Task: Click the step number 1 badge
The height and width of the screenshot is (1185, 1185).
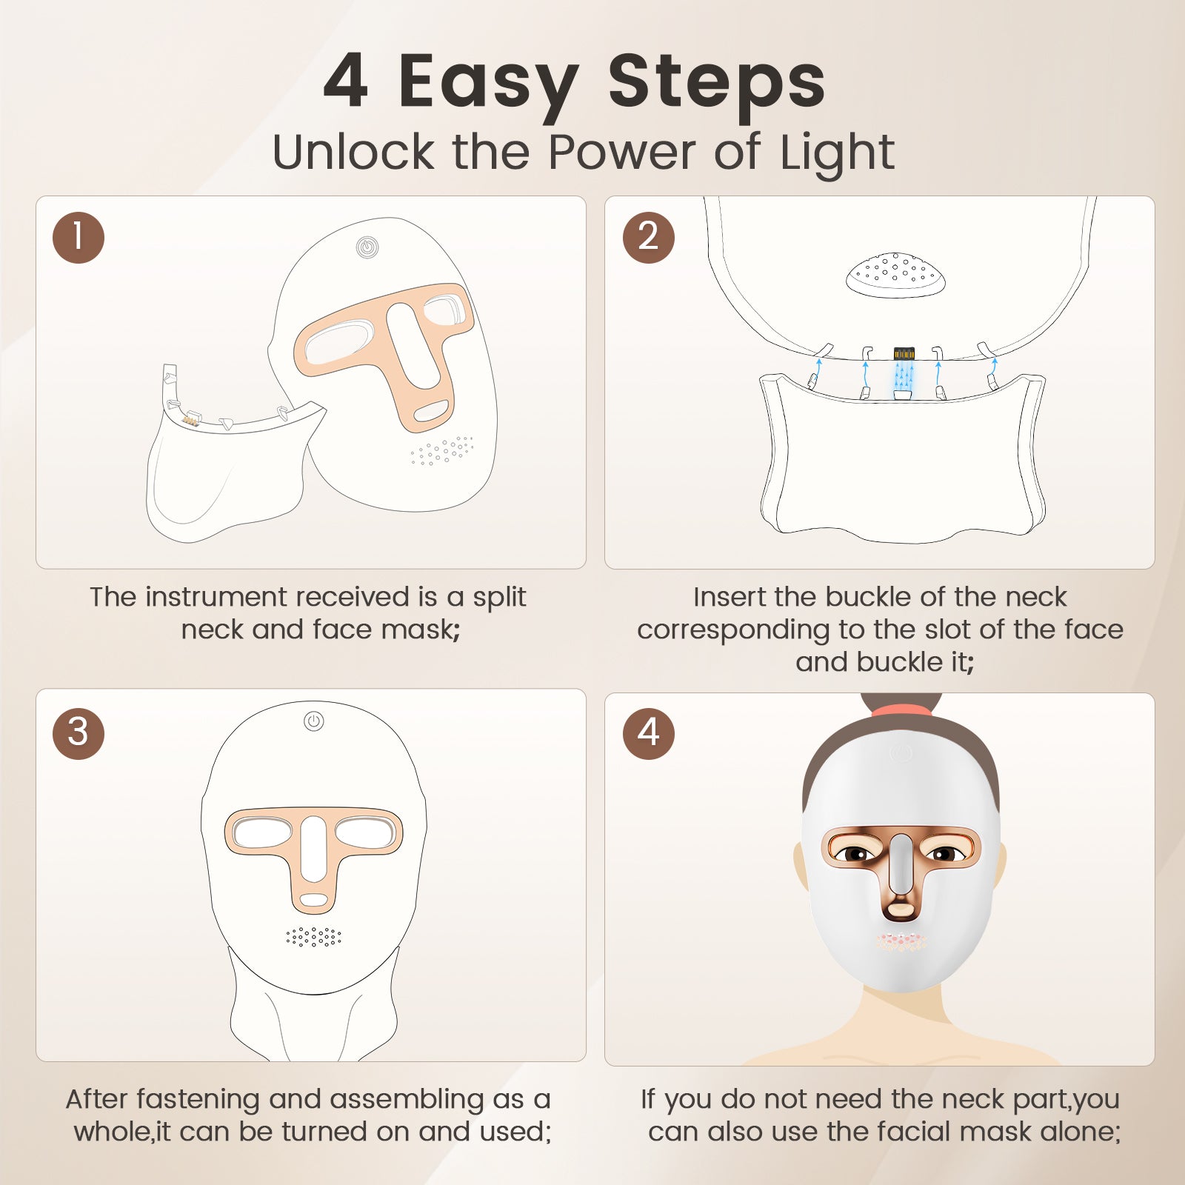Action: [x=79, y=238]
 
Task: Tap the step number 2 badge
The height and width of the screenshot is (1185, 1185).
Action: [x=649, y=238]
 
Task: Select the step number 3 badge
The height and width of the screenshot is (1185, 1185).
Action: [x=79, y=733]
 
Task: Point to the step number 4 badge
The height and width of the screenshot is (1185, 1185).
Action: [x=649, y=733]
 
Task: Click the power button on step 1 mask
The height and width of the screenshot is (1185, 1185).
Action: [x=367, y=247]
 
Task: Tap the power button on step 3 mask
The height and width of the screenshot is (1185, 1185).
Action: [x=314, y=721]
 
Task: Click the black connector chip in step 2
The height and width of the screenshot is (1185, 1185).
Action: [x=904, y=353]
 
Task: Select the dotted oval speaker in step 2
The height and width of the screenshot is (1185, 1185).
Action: [x=896, y=275]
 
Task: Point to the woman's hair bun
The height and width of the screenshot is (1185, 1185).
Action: [x=901, y=702]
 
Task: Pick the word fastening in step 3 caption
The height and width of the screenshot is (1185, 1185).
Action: [x=198, y=1100]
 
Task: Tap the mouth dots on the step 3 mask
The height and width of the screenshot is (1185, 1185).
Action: [x=314, y=937]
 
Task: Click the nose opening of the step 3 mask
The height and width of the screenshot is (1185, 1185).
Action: [x=313, y=849]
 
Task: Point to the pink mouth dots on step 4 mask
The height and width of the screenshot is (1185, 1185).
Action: [x=901, y=942]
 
